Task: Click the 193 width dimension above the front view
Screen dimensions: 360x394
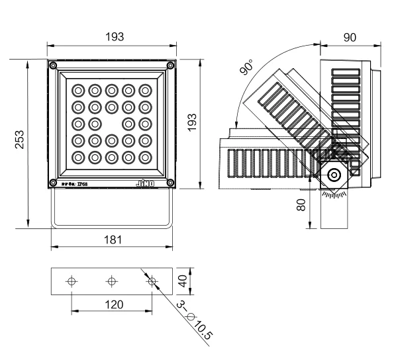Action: tap(115, 37)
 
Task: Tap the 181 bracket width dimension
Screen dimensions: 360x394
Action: tap(113, 240)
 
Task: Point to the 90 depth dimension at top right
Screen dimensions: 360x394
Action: tap(350, 37)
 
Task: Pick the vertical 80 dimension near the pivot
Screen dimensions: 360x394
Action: tap(301, 205)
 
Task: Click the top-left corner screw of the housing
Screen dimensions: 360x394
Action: tap(52, 65)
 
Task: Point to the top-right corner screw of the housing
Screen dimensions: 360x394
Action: tap(171, 65)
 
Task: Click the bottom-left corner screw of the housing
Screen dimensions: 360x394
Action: tap(52, 183)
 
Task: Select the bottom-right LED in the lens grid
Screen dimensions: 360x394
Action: tap(146, 157)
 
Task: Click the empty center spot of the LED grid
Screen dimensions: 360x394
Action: tap(112, 123)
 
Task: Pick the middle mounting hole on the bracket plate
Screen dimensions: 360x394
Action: tap(111, 281)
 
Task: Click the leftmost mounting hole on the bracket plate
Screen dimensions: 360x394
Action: tap(72, 281)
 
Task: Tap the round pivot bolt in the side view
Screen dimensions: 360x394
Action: tap(332, 175)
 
